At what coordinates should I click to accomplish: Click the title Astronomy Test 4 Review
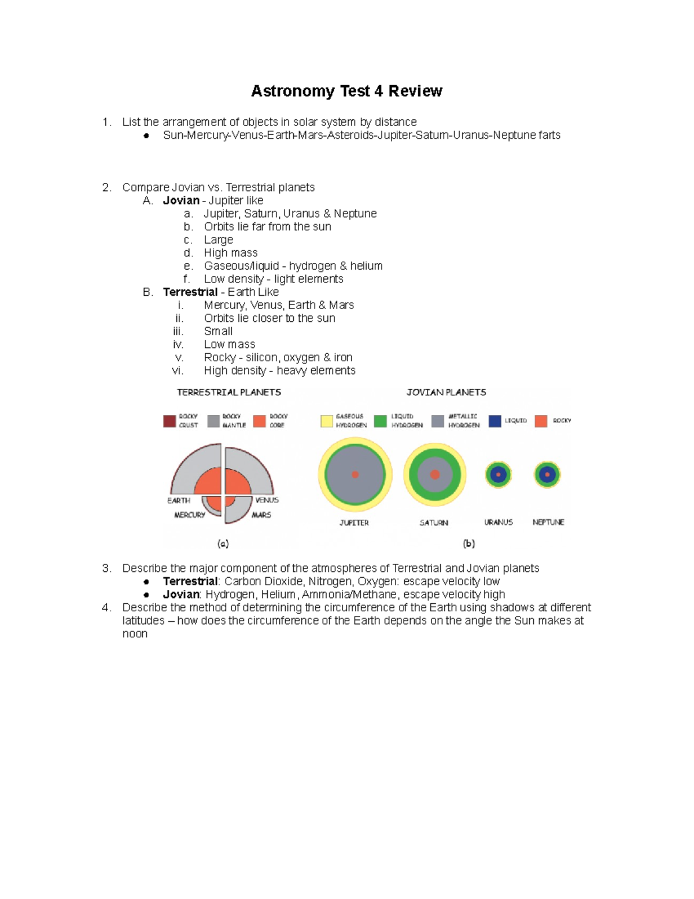pos(346,91)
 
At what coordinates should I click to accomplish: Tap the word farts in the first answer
pos(549,135)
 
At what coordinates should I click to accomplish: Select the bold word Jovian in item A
pos(181,201)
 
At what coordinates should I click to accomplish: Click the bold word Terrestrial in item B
pos(190,292)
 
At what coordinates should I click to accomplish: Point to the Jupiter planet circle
pos(355,475)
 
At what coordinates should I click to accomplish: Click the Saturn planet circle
pos(434,475)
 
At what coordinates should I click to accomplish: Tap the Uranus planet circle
pos(498,475)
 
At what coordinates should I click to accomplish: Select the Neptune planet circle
pos(547,475)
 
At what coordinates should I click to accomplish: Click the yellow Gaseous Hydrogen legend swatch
pos(327,421)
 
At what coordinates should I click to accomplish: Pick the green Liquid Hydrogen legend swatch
pos(380,421)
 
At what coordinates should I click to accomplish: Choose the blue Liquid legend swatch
pos(494,421)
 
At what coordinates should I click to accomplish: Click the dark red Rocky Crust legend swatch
pos(169,421)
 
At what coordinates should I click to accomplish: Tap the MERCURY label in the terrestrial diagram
pos(190,515)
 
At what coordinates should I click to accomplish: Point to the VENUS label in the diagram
pos(267,500)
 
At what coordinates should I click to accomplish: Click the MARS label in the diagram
pos(261,515)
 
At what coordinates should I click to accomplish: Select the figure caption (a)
pos(223,544)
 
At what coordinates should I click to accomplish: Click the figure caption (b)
pos(468,544)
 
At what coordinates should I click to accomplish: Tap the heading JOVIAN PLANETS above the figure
pos(446,392)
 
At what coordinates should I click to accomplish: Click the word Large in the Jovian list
pos(219,240)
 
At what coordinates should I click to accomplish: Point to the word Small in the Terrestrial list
pos(218,332)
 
